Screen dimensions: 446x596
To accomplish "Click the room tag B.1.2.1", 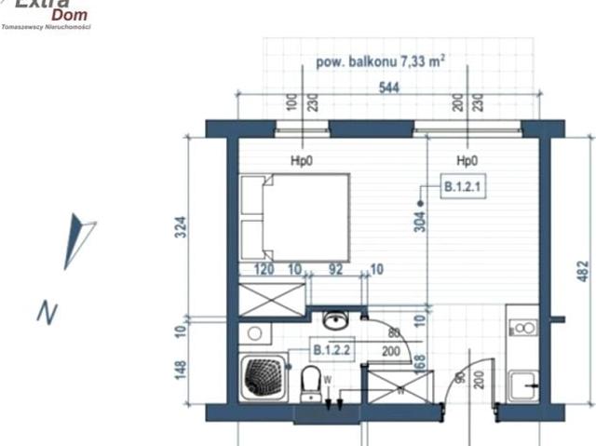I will [x=461, y=187].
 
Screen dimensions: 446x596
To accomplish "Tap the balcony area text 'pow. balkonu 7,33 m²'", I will [x=380, y=61].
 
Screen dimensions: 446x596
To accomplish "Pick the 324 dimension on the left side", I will [x=183, y=227].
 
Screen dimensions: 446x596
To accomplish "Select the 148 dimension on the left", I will [x=183, y=370].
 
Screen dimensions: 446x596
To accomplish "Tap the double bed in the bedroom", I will [x=295, y=218].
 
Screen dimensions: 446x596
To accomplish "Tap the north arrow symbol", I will [x=79, y=240].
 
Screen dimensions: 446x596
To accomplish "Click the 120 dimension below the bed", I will [x=264, y=270].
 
